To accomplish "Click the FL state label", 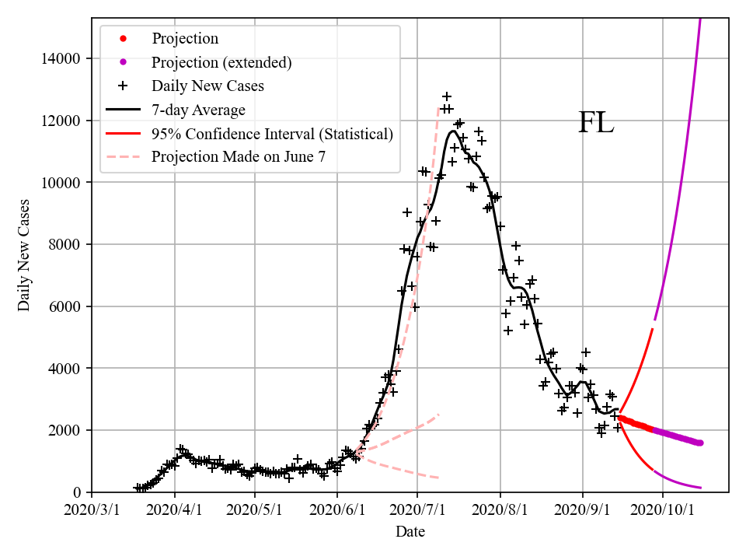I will (596, 123).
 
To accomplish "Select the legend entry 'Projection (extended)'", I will (221, 62).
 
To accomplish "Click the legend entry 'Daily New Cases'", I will (207, 86).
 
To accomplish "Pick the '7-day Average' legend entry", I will (198, 110).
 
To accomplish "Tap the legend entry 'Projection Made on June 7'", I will (238, 157).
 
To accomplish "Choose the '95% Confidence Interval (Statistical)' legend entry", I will (272, 134).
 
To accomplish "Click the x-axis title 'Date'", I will (410, 532).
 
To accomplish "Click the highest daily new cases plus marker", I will (447, 97).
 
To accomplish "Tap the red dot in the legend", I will (123, 39).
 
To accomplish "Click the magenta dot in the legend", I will (123, 62).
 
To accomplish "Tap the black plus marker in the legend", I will (123, 86).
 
